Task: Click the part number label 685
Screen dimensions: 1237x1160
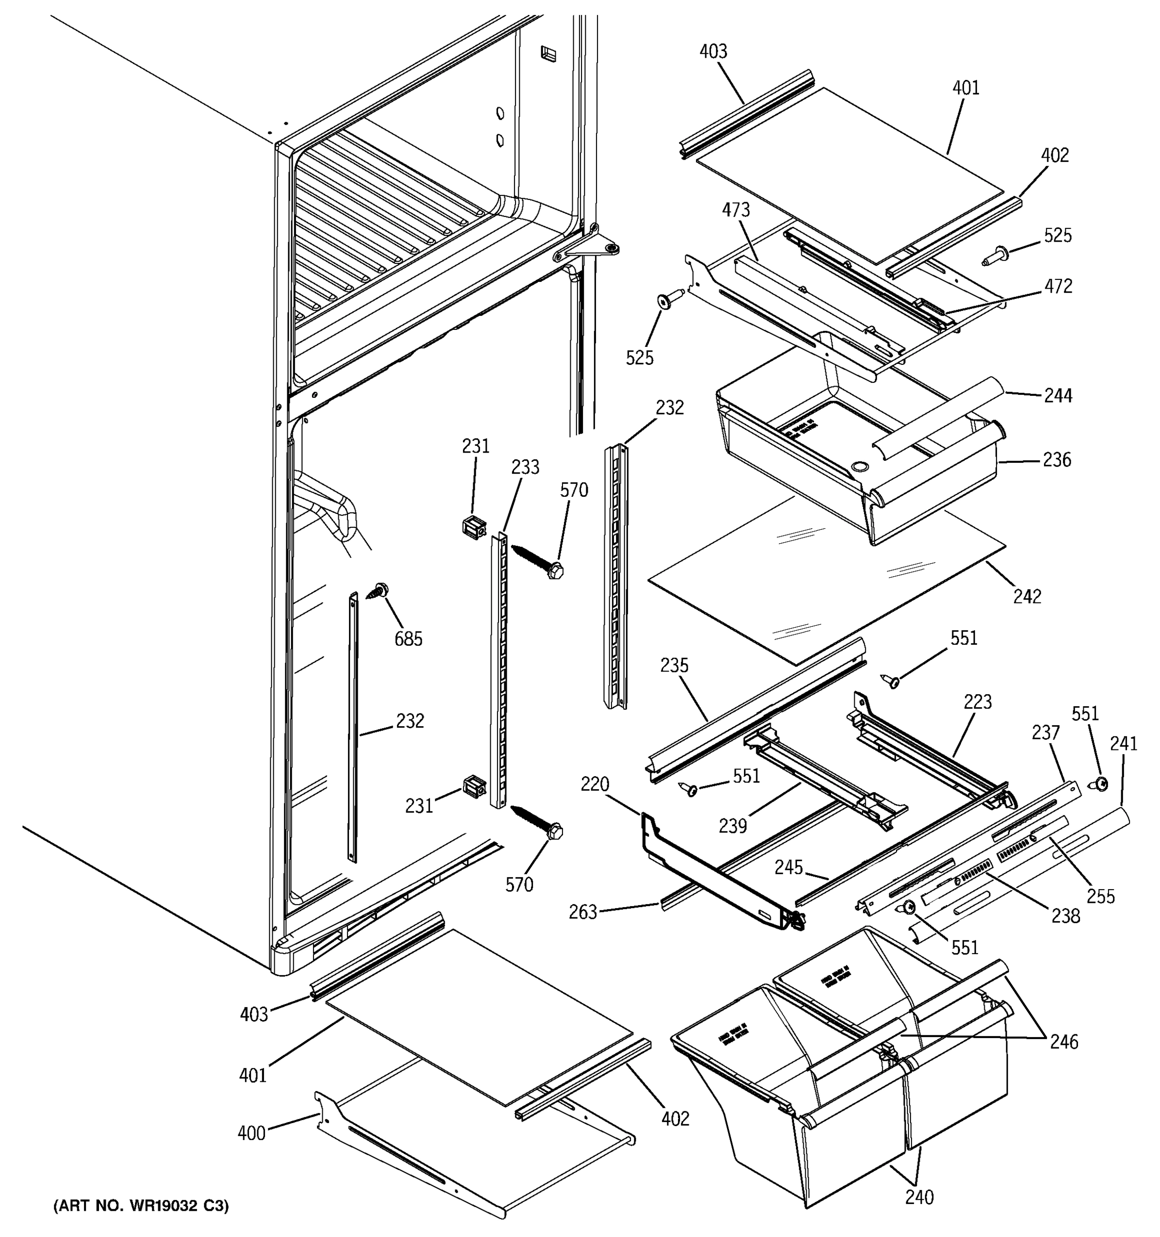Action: tap(408, 639)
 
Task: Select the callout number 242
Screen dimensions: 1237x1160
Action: tap(1027, 596)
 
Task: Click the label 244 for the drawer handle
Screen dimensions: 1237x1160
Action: tap(1058, 396)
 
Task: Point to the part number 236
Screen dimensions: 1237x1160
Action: tap(1057, 460)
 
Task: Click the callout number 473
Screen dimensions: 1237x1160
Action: tap(736, 210)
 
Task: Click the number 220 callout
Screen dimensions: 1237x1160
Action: tap(595, 784)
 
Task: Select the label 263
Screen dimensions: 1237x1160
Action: tap(583, 912)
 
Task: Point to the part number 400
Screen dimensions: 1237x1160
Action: tap(252, 1133)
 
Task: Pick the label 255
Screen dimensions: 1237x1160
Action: tap(1101, 897)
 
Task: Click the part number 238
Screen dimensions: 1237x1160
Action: tap(1066, 916)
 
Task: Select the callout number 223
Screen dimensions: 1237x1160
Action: tap(977, 702)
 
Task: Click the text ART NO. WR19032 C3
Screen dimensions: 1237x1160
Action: tap(141, 1206)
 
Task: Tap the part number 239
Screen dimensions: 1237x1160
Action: tap(733, 826)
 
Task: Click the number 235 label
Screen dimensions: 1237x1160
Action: tap(674, 666)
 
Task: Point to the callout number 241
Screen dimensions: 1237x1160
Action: tap(1123, 744)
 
